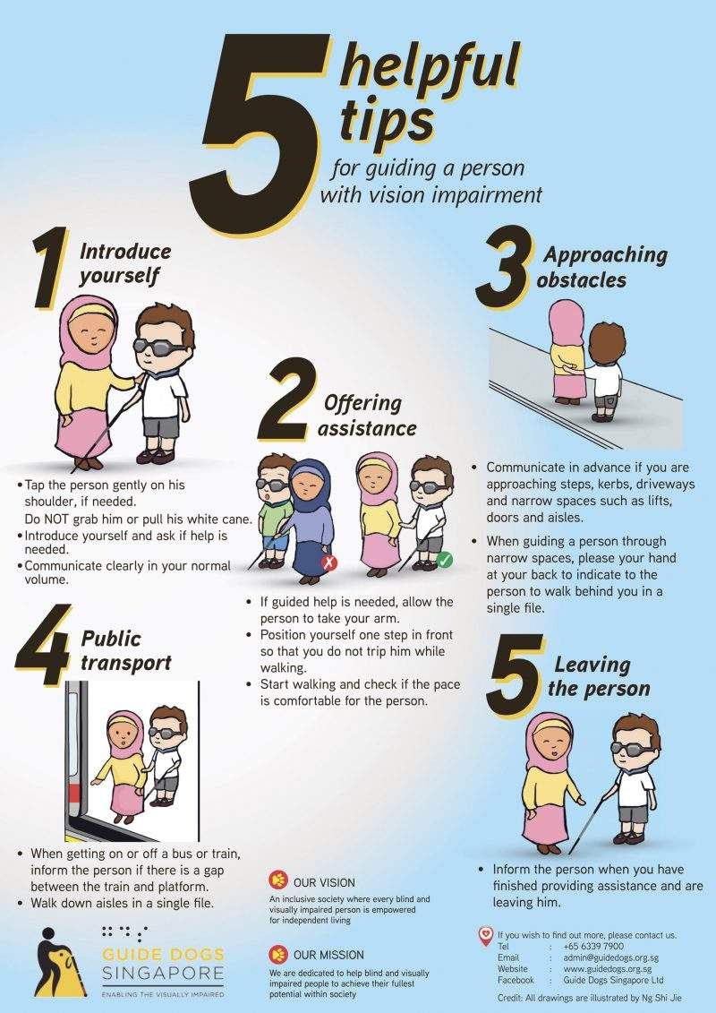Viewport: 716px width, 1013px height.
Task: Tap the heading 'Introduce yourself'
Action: [124, 263]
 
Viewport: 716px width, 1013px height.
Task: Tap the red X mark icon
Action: [329, 562]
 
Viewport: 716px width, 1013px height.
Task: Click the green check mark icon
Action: [444, 561]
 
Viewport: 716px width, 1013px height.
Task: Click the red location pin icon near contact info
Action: [486, 935]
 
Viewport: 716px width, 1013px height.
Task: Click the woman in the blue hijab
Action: [309, 519]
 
